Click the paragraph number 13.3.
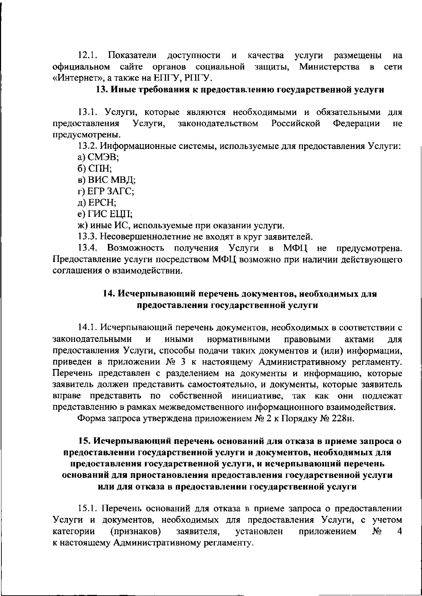pos(87,236)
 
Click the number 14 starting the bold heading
pos(108,294)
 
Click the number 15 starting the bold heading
pos(84,441)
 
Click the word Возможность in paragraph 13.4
pos(136,248)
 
